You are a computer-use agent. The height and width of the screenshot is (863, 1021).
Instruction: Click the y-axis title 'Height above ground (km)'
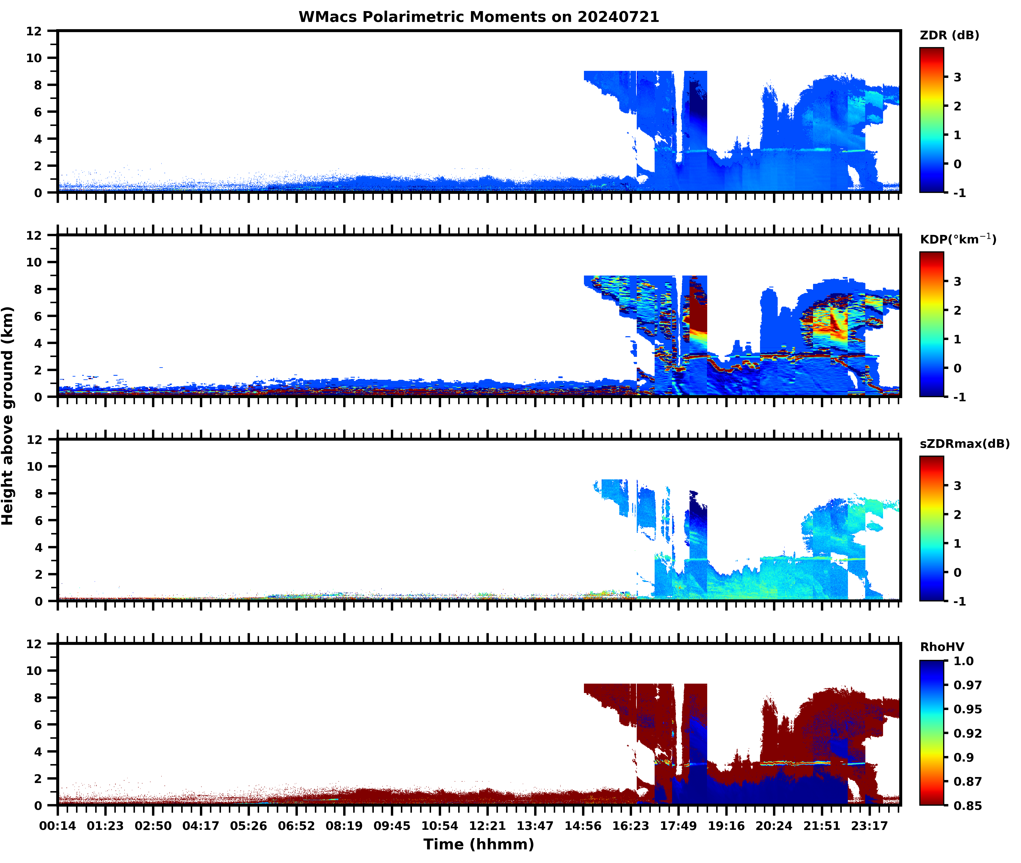coord(8,416)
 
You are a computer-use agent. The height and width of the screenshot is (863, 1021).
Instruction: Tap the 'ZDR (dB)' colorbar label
coord(949,35)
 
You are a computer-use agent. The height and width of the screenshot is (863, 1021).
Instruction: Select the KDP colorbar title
coord(957,239)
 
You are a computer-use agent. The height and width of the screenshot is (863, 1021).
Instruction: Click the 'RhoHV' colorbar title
coord(942,647)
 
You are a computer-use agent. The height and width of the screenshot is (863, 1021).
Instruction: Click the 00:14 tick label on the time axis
coord(58,826)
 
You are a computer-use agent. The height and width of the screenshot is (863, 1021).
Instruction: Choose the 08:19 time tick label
coord(344,826)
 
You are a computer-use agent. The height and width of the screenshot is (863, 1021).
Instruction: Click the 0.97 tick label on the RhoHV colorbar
coord(967,685)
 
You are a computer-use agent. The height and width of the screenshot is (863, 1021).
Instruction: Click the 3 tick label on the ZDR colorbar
coord(957,77)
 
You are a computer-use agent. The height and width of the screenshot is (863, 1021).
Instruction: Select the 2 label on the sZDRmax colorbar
coord(957,515)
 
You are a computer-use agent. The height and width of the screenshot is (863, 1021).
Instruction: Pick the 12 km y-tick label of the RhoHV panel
coord(34,644)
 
